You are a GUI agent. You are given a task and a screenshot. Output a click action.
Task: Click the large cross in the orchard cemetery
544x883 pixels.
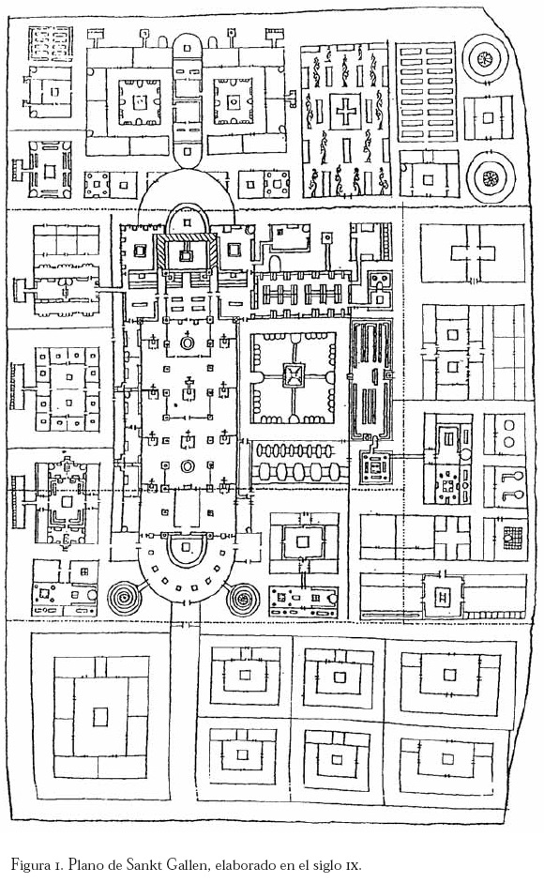click(344, 111)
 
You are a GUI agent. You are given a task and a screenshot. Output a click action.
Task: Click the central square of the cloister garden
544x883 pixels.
click(293, 375)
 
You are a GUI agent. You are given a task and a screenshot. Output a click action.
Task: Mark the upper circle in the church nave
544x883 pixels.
click(187, 343)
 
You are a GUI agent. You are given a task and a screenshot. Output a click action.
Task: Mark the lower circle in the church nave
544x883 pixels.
click(187, 466)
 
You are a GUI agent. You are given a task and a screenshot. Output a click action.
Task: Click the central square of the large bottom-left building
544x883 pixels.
click(100, 717)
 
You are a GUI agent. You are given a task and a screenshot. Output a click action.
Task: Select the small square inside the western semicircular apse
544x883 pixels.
click(187, 547)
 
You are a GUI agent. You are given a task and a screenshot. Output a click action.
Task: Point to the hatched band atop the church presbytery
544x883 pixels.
click(187, 239)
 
